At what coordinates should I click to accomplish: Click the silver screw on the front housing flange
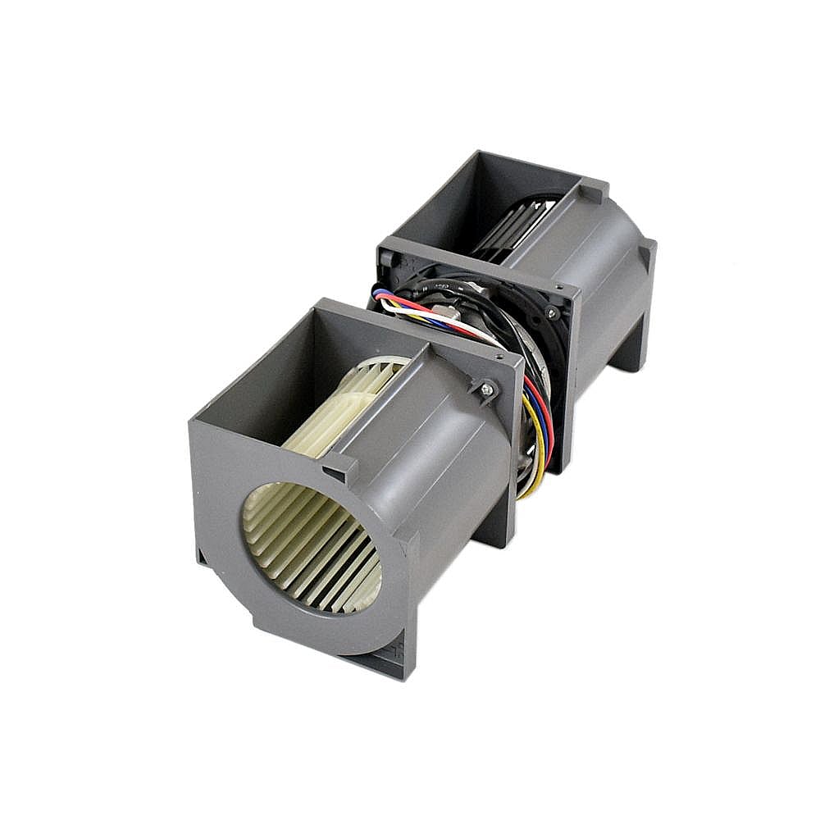pos(487,391)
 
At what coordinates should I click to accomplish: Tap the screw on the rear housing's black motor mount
pos(551,313)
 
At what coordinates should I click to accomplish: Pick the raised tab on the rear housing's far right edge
pos(649,251)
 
